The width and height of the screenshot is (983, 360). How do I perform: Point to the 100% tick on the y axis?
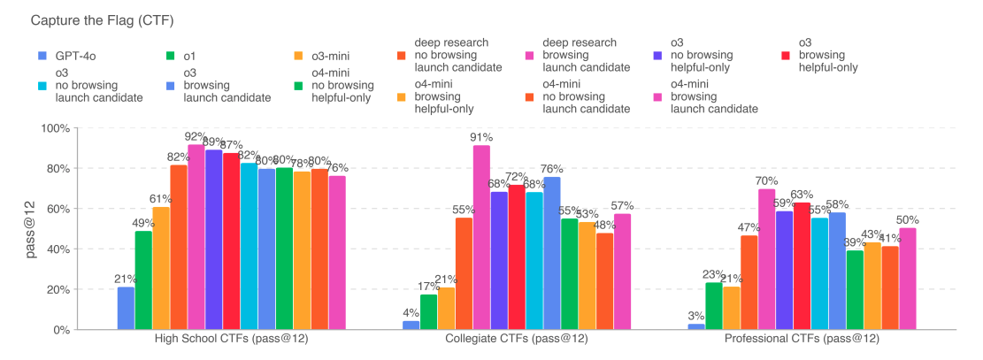point(54,128)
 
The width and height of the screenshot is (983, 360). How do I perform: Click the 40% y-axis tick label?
point(57,249)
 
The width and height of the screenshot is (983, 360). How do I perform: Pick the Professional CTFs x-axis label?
point(802,340)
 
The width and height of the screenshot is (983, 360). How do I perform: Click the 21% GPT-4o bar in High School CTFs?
point(126,308)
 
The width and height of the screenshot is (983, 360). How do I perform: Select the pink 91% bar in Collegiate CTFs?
point(481,237)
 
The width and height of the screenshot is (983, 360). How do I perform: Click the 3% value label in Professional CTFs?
point(695,315)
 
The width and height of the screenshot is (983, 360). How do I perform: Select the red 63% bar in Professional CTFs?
point(802,265)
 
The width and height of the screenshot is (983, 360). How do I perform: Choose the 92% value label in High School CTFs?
point(196,136)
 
